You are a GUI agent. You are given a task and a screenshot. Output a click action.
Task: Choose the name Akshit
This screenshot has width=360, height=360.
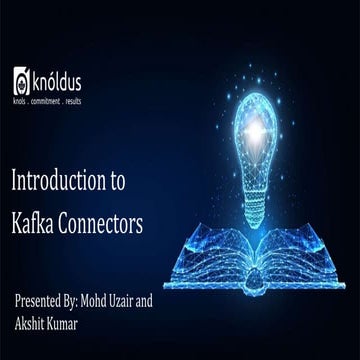pos(33,324)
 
